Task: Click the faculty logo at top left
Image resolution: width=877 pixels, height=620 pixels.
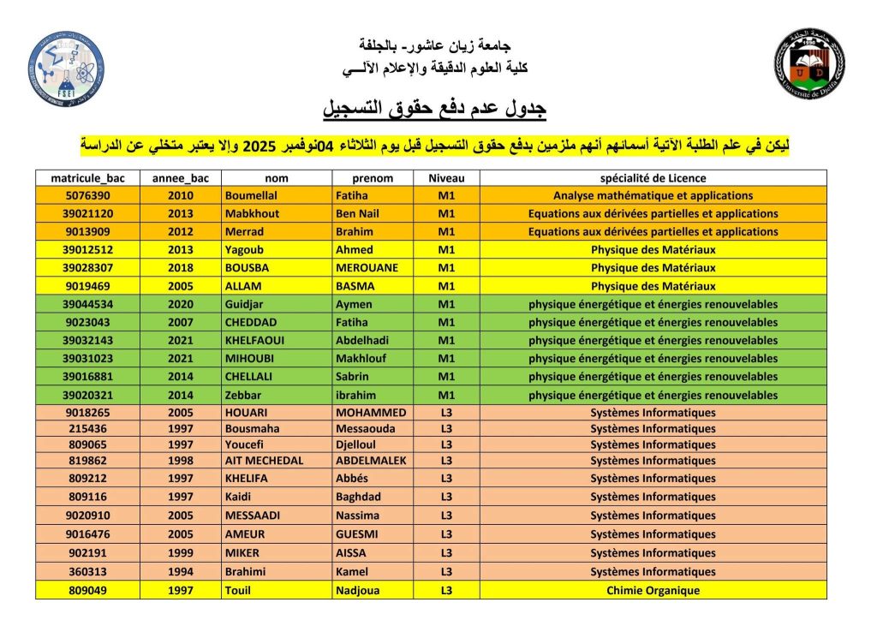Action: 66,69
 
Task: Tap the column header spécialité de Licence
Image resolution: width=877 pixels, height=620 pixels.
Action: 653,178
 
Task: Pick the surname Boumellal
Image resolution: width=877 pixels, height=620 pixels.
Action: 254,195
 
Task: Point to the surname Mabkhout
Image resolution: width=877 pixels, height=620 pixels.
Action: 252,213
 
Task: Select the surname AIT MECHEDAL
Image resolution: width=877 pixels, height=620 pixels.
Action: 264,460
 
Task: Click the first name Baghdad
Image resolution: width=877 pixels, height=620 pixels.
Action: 358,497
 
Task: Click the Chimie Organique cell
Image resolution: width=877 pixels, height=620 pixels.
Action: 653,590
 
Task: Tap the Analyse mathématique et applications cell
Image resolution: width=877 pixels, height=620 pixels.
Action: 653,195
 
